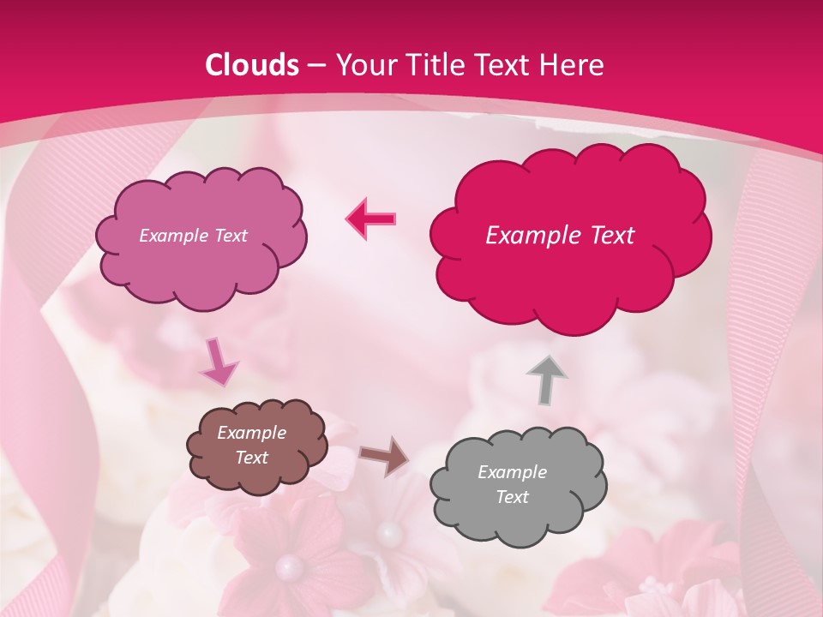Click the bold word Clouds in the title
252,65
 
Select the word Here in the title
574,65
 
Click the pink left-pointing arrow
371,219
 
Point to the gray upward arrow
546,379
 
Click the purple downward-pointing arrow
218,362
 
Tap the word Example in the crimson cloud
525,236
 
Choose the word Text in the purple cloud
231,236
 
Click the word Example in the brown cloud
251,433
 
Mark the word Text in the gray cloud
513,497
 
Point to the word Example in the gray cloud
512,472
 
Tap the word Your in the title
363,65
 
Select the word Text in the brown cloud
251,458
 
